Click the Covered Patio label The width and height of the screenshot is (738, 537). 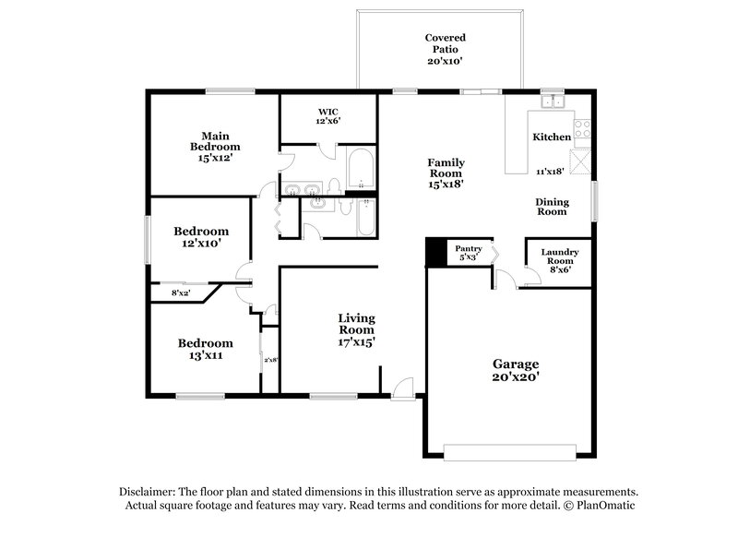pos(444,49)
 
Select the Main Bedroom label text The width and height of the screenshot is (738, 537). pos(215,146)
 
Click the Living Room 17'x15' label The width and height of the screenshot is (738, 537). pos(355,329)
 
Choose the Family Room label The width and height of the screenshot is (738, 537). pos(445,173)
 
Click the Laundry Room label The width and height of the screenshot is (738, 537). pos(559,261)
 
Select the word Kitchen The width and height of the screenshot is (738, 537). pos(552,137)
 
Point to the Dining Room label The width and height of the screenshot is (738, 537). pos(553,207)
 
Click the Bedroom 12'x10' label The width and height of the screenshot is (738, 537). pos(201,237)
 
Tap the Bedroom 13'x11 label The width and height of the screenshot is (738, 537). pos(206,348)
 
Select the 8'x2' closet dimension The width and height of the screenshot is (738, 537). pos(181,293)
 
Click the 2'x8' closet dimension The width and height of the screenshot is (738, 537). pos(270,360)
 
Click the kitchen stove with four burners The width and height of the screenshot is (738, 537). pos(582,130)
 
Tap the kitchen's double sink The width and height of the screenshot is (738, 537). pos(553,101)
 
